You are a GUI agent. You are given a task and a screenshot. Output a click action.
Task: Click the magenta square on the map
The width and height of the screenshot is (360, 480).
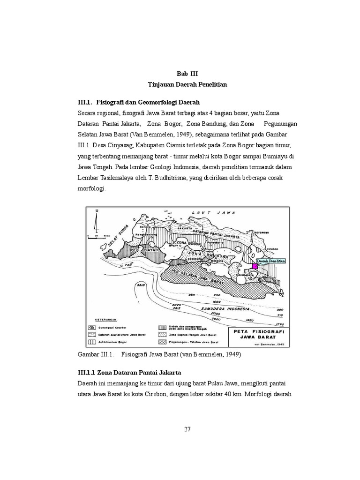click(x=255, y=266)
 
